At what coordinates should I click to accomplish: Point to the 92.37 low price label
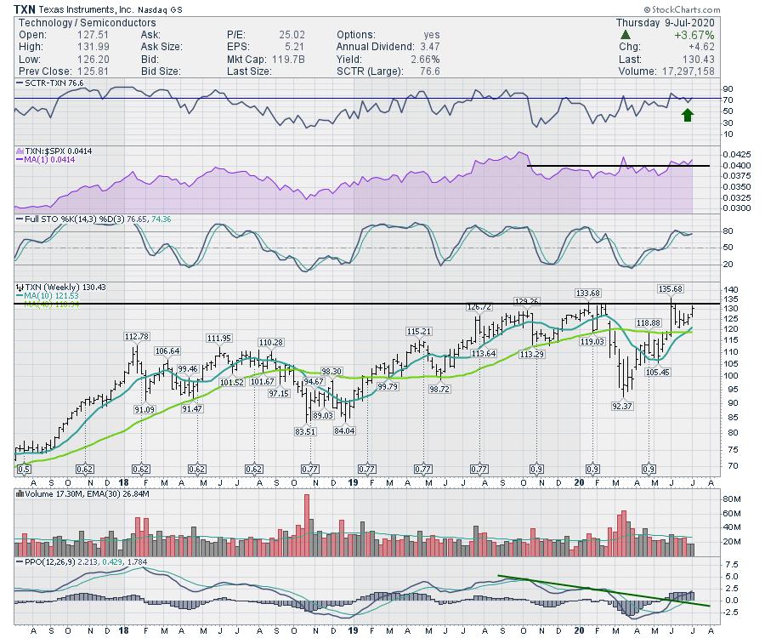click(622, 407)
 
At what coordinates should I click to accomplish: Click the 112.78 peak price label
click(139, 336)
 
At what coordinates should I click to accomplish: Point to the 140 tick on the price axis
click(706, 290)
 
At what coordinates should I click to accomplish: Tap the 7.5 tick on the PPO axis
click(705, 563)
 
